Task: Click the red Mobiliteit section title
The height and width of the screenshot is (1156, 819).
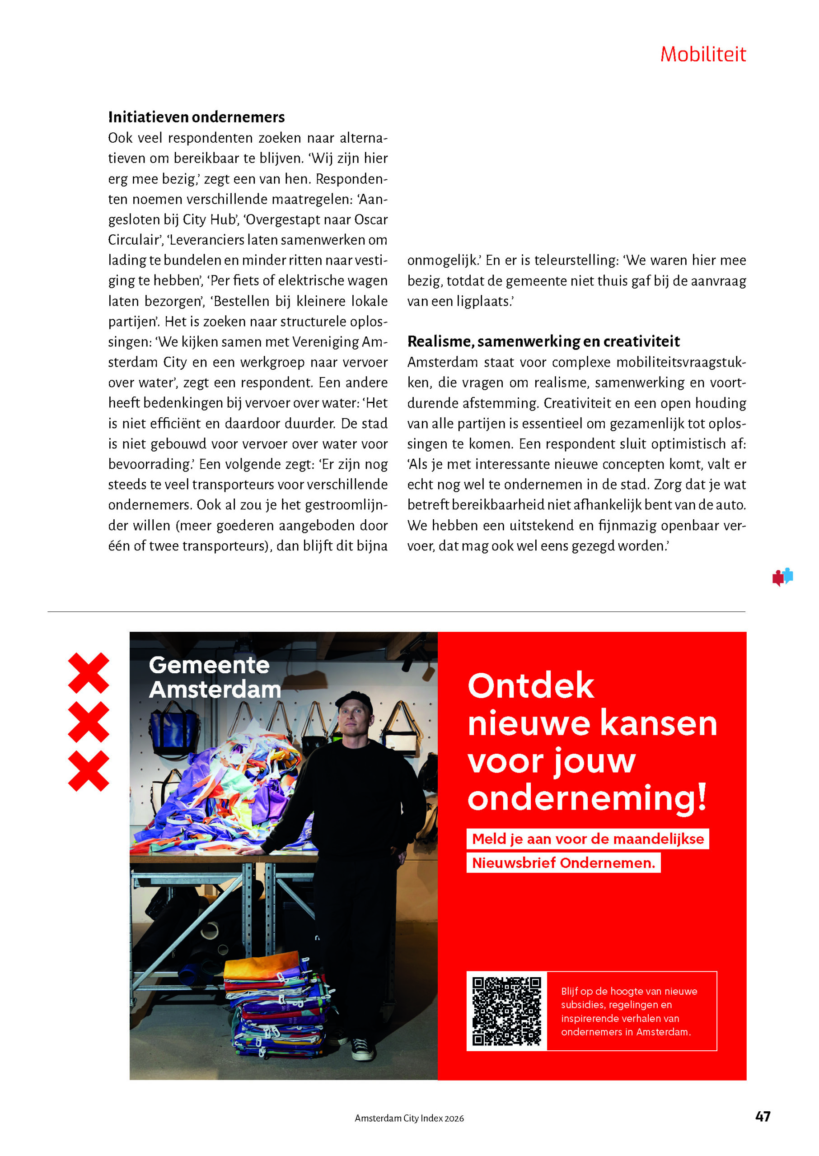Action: [x=702, y=55]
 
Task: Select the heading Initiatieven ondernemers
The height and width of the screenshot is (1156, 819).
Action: [x=196, y=117]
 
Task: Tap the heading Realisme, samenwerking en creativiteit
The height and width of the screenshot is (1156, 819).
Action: [x=543, y=341]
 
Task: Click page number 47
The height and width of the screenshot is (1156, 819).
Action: [x=763, y=1116]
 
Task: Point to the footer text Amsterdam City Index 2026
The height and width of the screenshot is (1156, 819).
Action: [x=409, y=1118]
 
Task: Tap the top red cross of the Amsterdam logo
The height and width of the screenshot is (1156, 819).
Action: [x=88, y=672]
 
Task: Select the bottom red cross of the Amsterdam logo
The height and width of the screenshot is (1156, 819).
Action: [x=88, y=770]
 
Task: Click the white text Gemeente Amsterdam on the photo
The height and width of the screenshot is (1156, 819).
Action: [x=214, y=677]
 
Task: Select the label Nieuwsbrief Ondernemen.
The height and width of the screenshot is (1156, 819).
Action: [x=563, y=862]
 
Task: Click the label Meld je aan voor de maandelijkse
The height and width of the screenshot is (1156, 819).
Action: [x=588, y=839]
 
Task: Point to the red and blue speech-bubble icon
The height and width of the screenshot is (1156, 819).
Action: [x=782, y=577]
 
